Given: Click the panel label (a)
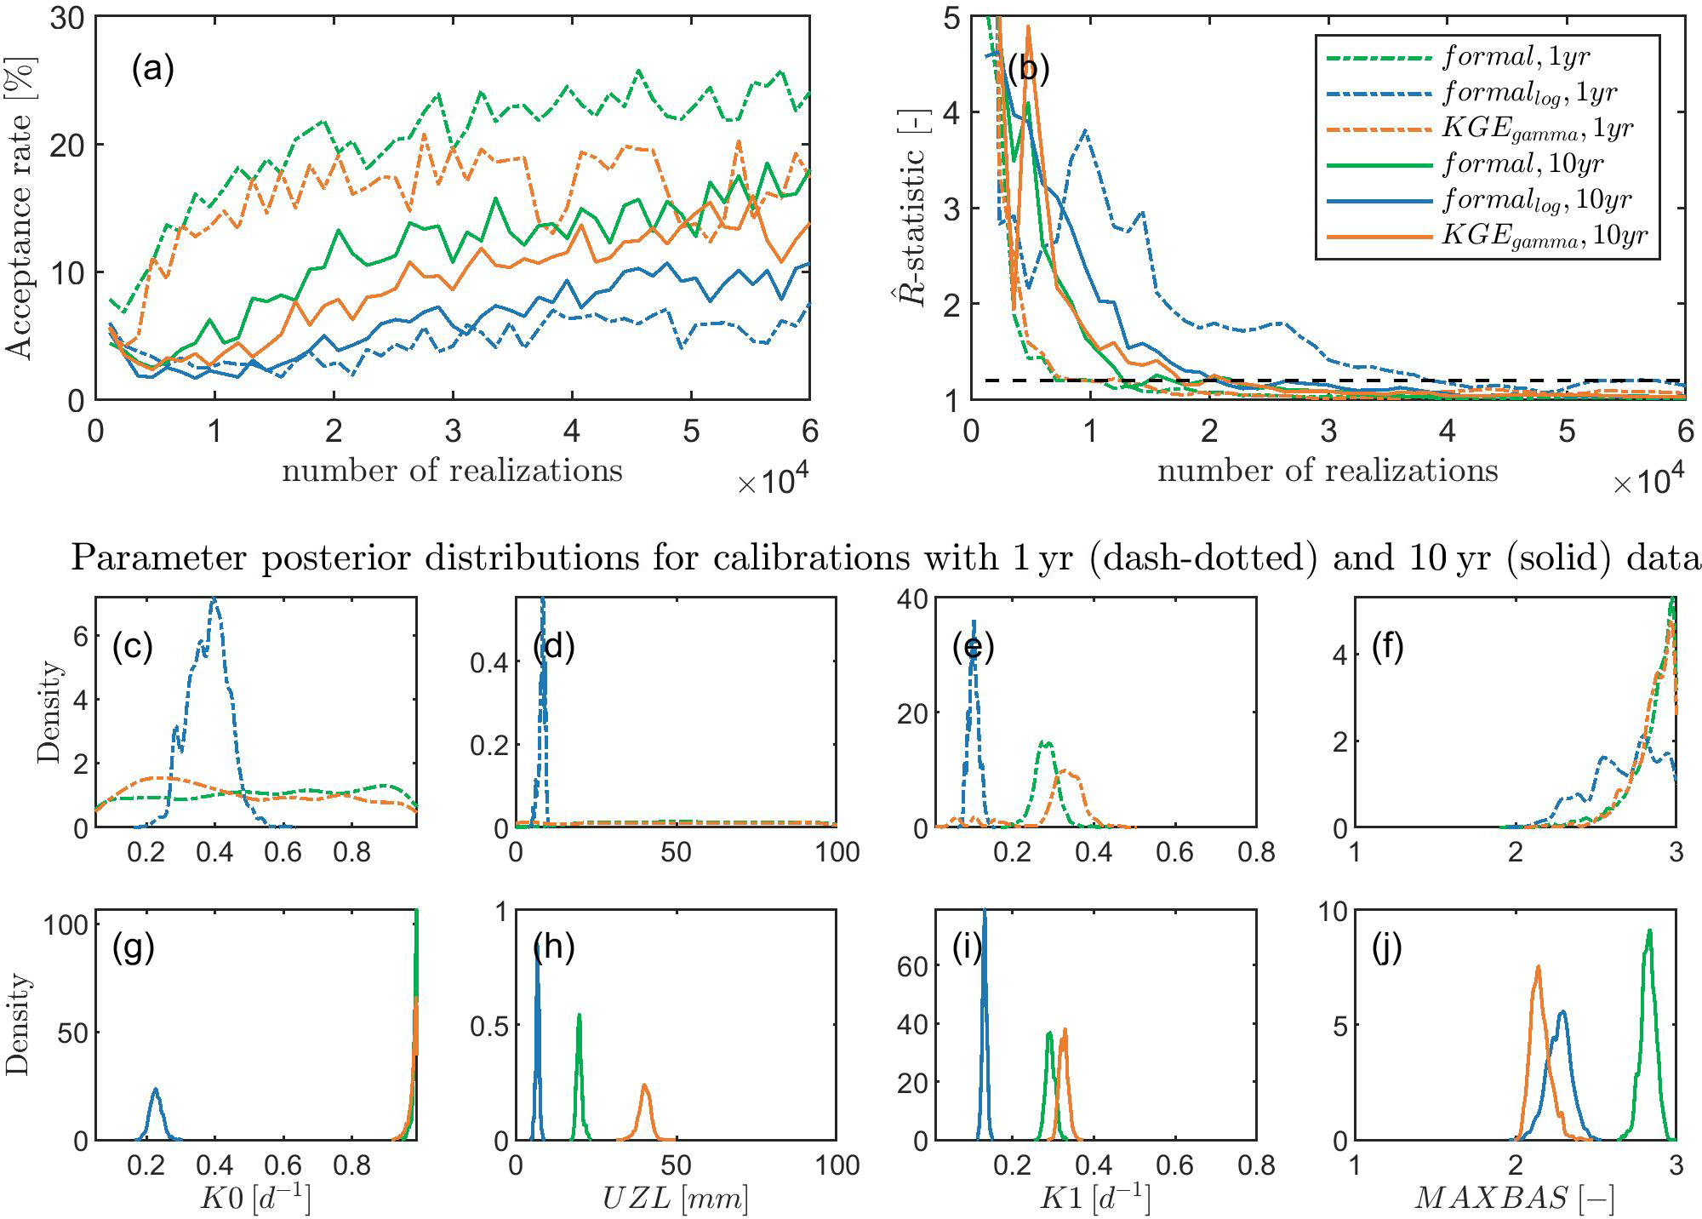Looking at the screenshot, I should coord(152,69).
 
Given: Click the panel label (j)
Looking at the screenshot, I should coord(1387,947).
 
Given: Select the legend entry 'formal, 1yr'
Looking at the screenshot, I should coord(1516,57).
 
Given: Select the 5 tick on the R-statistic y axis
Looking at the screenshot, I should coord(951,18).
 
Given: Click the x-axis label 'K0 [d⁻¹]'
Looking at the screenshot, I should coord(255,1198).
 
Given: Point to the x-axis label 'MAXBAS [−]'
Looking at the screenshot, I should coord(1515,1198).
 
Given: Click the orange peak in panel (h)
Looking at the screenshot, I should coord(645,1086).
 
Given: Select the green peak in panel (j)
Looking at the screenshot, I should coord(1649,931).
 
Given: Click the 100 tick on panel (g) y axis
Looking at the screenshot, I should coord(67,924).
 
